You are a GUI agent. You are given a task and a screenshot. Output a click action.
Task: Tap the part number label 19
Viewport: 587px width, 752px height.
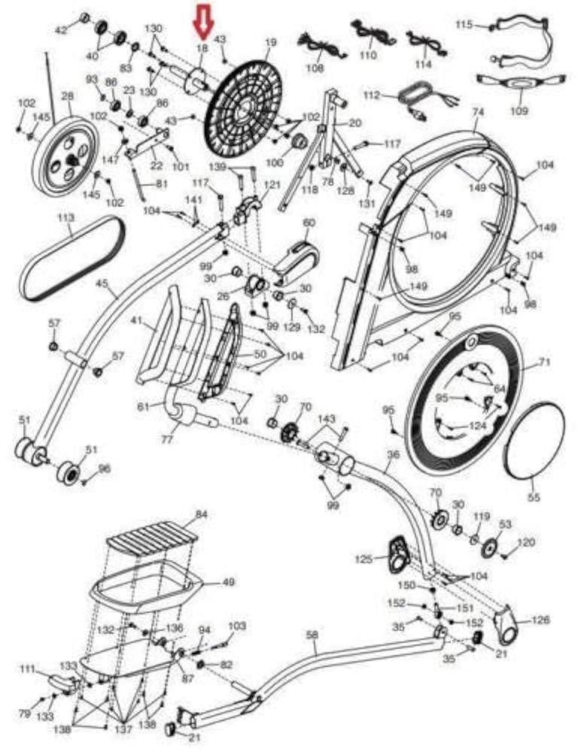(271, 43)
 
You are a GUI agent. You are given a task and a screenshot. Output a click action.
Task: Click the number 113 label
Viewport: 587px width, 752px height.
(65, 217)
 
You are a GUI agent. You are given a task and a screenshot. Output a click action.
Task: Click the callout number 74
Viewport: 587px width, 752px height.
(476, 111)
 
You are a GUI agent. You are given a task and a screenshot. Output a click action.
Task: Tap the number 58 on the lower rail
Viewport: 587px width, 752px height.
(312, 635)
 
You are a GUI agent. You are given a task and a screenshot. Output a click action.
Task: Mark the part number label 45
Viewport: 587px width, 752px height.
(102, 284)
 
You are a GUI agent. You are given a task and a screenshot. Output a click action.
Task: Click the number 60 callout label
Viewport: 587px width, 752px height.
(309, 223)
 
